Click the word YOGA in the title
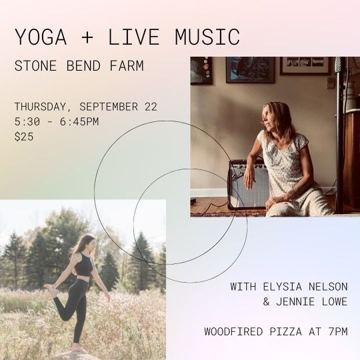(x=41, y=37)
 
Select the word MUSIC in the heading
(x=207, y=37)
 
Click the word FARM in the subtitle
(x=127, y=65)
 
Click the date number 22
(x=151, y=107)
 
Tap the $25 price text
(x=24, y=137)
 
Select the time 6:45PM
(x=79, y=122)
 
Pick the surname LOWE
(x=334, y=301)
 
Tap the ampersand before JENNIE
(x=266, y=301)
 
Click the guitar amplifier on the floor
(x=248, y=184)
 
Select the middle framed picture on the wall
(x=250, y=70)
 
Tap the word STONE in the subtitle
(x=35, y=65)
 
